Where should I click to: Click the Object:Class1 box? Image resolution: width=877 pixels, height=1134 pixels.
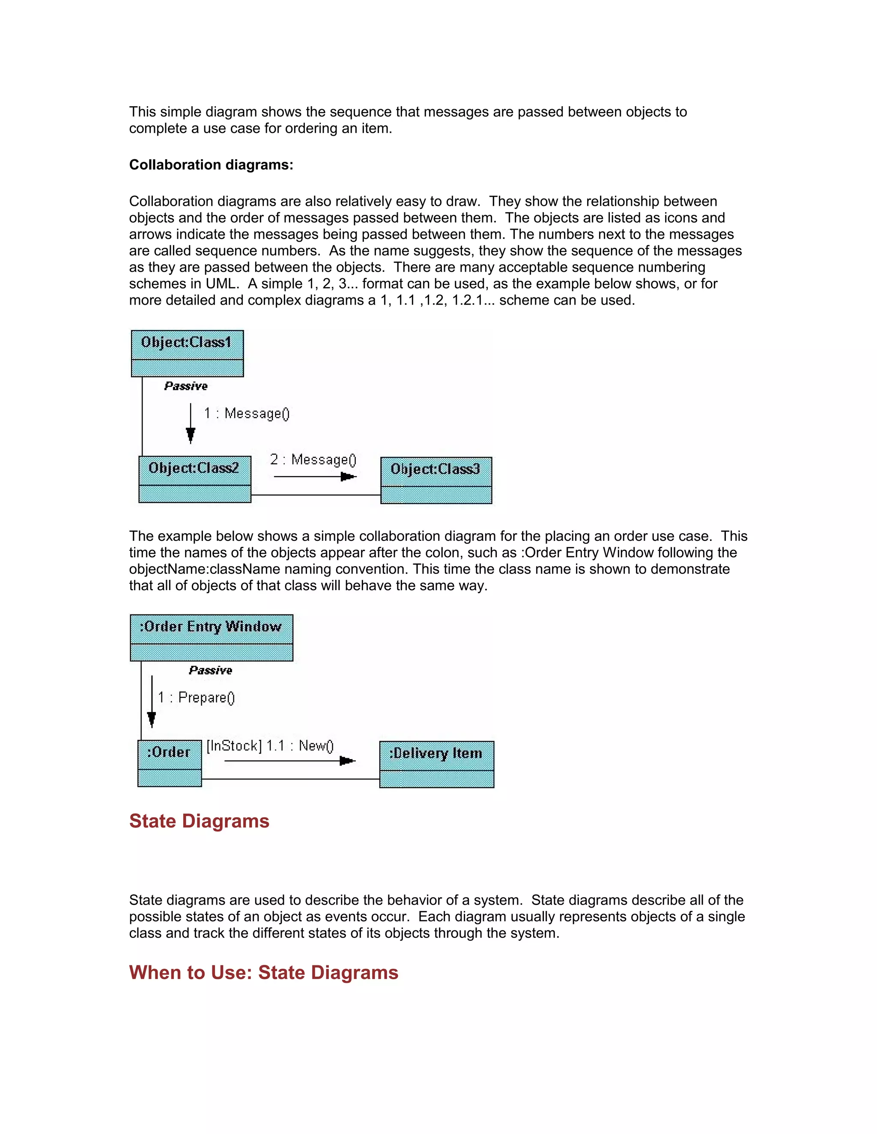(187, 353)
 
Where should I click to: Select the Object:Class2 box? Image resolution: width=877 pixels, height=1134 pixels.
(195, 479)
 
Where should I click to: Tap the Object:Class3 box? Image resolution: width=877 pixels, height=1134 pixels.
(436, 480)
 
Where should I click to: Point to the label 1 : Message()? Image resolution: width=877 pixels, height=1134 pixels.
(246, 413)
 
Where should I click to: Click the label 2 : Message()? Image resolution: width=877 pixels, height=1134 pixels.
(313, 460)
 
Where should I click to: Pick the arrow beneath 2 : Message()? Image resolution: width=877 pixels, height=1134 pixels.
(315, 477)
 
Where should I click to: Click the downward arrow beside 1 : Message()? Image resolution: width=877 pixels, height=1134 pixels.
(191, 424)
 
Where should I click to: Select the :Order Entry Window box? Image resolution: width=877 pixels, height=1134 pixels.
(212, 638)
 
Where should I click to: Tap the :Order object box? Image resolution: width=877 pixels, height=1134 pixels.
(170, 763)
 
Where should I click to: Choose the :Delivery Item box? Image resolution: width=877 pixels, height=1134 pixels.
(436, 764)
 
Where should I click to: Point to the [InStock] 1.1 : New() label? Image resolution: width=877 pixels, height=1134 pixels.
(270, 745)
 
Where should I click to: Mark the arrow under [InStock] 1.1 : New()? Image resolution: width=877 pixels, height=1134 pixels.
(290, 761)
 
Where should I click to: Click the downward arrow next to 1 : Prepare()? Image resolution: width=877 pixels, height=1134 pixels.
(152, 701)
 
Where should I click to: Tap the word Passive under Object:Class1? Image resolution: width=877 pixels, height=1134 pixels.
(186, 386)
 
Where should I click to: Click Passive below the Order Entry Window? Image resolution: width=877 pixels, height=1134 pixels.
(210, 670)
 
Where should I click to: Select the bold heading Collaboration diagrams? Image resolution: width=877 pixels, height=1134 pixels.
(211, 165)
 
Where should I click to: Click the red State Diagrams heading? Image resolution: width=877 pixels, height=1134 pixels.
(199, 821)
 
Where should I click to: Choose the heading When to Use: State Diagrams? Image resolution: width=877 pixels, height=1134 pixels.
(263, 973)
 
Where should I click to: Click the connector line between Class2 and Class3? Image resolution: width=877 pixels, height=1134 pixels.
(315, 495)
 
